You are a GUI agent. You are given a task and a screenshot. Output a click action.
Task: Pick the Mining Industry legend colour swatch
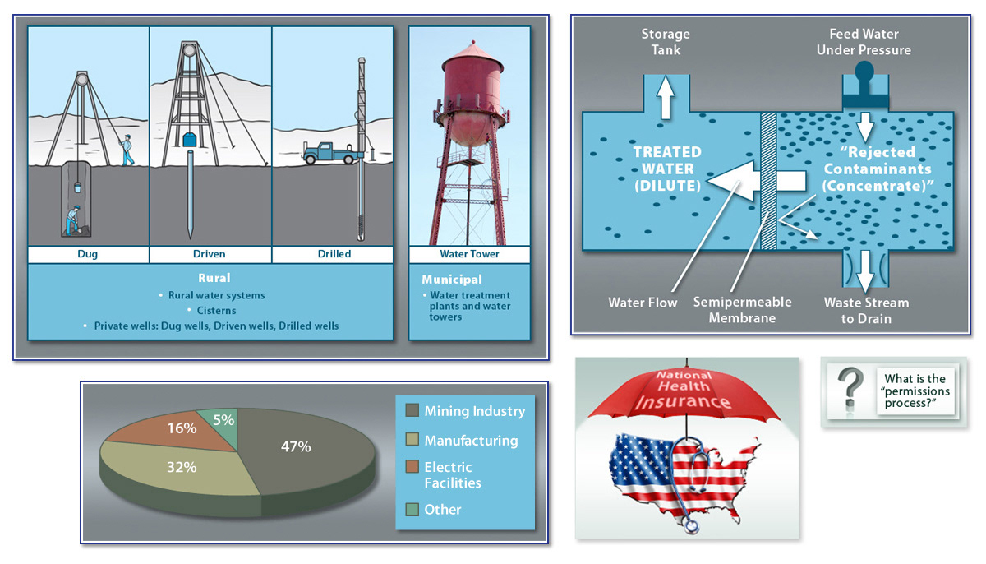[x=412, y=410]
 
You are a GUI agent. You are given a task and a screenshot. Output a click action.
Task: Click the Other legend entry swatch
[x=412, y=510]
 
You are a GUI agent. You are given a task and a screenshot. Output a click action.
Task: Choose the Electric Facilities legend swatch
[x=412, y=467]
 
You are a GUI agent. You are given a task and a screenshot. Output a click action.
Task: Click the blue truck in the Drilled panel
[x=330, y=153]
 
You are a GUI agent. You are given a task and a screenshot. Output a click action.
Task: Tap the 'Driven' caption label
[x=209, y=254]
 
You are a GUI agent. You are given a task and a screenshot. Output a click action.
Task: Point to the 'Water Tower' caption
[x=469, y=254]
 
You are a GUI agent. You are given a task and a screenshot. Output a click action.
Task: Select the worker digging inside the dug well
[x=73, y=220]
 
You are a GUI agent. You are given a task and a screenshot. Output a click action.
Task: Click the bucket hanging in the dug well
[x=77, y=187]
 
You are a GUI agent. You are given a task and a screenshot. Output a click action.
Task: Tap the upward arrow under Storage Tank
[x=665, y=98]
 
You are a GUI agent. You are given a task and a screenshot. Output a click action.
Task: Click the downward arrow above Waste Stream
[x=865, y=271]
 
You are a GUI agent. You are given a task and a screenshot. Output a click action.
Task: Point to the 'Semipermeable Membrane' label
[x=742, y=310]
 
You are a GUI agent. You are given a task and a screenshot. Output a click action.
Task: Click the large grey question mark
[x=850, y=388]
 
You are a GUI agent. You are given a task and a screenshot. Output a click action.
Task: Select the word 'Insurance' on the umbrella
[x=682, y=401]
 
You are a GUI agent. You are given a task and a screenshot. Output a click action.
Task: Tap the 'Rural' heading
[x=214, y=278]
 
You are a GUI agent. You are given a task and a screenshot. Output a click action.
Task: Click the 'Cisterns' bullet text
[x=216, y=311]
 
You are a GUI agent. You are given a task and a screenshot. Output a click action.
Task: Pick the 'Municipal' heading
[x=452, y=280]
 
